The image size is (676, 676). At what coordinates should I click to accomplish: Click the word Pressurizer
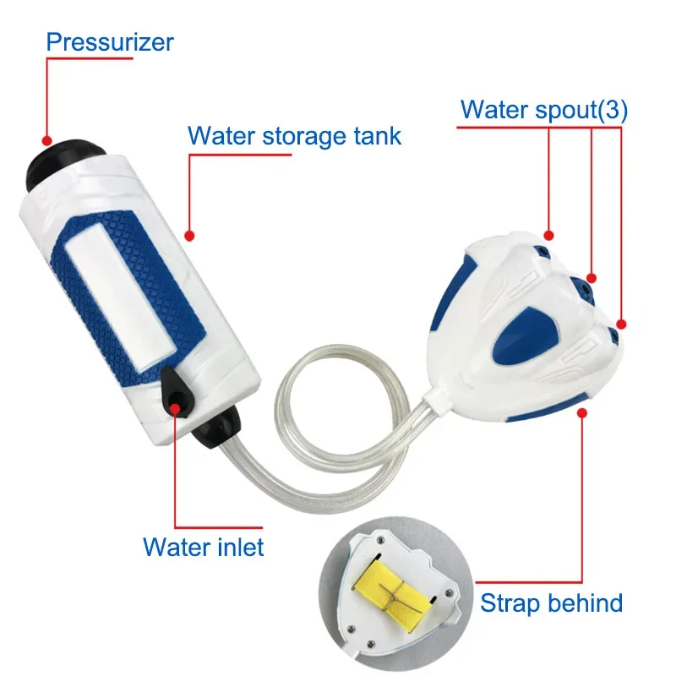tap(111, 42)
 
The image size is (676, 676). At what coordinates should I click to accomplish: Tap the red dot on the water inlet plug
tap(177, 408)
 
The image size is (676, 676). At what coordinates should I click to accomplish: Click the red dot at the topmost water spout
tap(550, 234)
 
